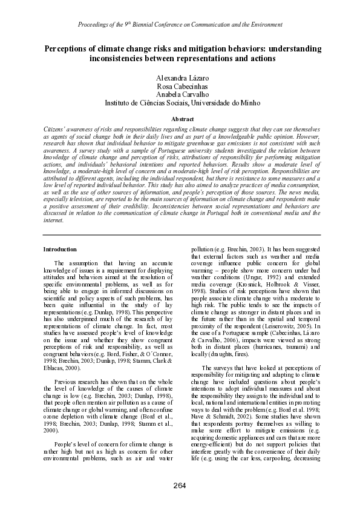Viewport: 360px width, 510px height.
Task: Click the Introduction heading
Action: pyautogui.click(x=60, y=249)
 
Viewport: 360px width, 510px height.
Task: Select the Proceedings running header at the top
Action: pyautogui.click(x=180, y=25)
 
